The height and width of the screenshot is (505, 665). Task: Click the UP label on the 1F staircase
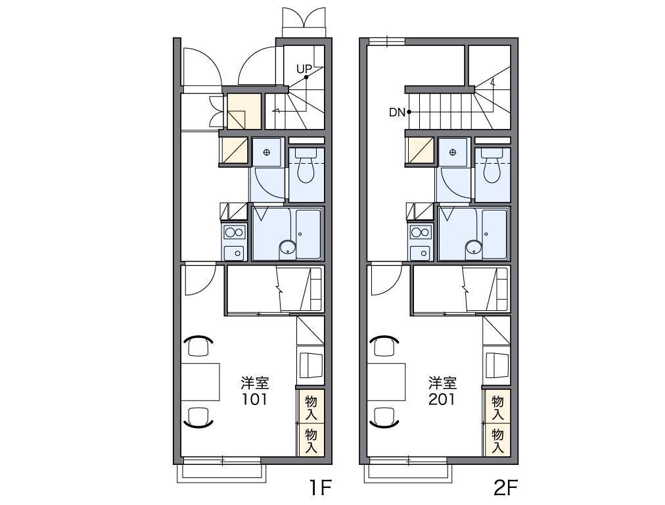[x=304, y=69]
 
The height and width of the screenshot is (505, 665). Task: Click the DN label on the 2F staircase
[x=398, y=112]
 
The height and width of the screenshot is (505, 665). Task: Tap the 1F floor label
[x=320, y=489]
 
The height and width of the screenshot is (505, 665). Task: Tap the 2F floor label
[x=506, y=489]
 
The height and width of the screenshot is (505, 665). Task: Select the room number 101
[x=255, y=399]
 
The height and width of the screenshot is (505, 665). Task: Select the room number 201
[x=442, y=399]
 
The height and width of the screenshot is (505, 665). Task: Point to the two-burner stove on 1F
[x=235, y=233]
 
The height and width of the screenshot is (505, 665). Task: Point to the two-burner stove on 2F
[x=421, y=233]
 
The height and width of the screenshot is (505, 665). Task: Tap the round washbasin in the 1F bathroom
[x=288, y=247]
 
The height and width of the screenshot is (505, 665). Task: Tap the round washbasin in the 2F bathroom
[x=474, y=247]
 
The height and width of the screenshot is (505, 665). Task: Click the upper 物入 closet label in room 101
[x=311, y=407]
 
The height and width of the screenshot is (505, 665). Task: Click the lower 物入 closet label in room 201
[x=498, y=441]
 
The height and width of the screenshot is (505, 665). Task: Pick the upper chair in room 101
[x=198, y=345]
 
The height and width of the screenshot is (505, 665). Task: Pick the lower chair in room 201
[x=384, y=417]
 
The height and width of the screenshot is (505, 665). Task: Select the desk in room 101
[x=200, y=381]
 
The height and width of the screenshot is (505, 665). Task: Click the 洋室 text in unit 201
[x=442, y=383]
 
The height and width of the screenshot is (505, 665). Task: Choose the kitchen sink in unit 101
[x=234, y=252]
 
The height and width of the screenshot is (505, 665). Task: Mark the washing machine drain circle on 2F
[x=453, y=152]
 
